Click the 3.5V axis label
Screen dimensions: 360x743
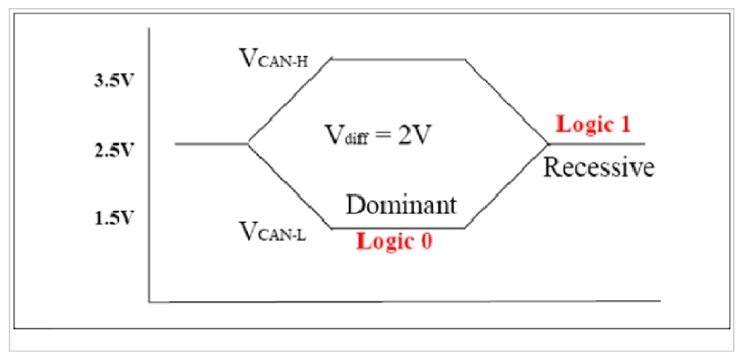pos(113,81)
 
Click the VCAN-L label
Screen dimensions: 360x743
pos(271,231)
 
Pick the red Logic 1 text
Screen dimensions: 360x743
pos(592,125)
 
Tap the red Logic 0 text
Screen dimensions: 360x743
pos(394,242)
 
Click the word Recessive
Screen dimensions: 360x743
pos(598,169)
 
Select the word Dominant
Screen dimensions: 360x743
pos(402,204)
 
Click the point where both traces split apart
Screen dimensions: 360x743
pos(249,143)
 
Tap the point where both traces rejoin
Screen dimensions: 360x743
pos(548,143)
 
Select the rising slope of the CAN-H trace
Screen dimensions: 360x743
pos(290,100)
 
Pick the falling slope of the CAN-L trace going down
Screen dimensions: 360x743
pos(290,186)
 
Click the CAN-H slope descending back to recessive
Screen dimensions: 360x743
pos(507,100)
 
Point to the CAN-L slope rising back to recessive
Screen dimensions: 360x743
pos(507,186)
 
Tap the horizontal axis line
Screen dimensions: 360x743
pos(406,300)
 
